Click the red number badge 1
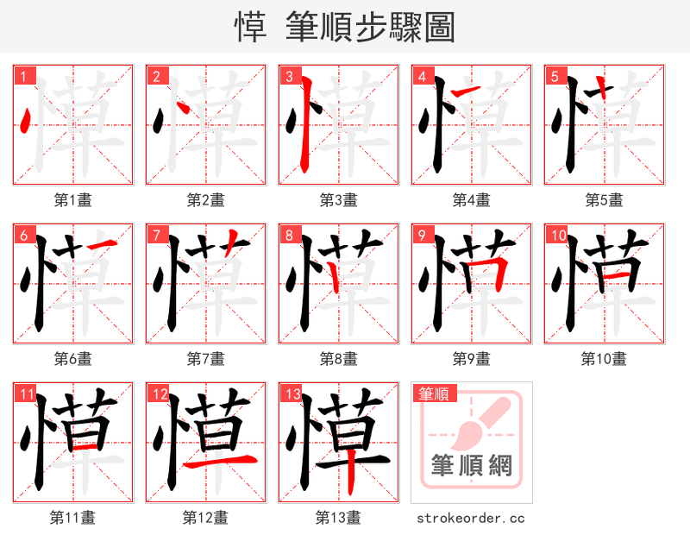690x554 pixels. click(22, 76)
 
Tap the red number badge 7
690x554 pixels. click(154, 235)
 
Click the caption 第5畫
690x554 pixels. click(604, 200)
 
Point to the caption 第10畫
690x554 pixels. click(604, 359)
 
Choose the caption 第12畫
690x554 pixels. click(205, 518)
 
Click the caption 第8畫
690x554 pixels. click(338, 359)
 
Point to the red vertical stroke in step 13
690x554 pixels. click(352, 479)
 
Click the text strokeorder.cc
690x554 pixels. click(471, 519)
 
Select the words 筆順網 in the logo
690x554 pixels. click(472, 467)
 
